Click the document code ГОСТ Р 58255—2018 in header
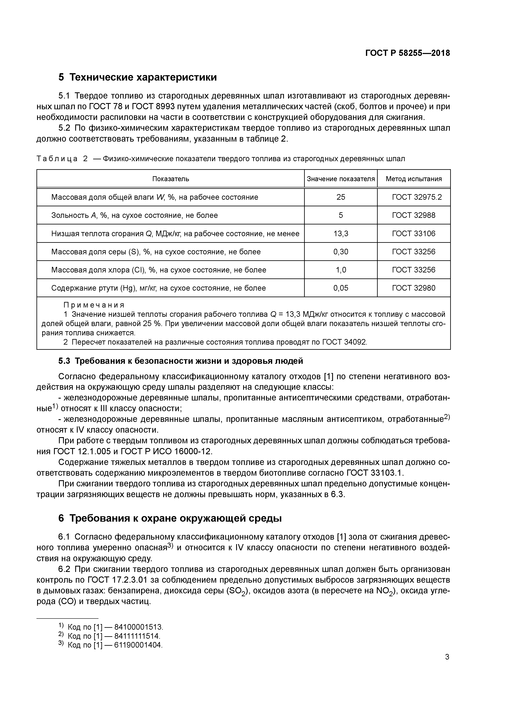407,53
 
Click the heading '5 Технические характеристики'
138,77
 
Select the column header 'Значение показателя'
341,179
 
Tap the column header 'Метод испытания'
414,179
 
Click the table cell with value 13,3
341,233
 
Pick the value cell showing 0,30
341,252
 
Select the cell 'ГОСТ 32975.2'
417,197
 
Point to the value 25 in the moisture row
341,197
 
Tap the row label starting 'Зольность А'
134,215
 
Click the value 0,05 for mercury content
341,288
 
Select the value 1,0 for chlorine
341,270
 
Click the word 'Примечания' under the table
94,305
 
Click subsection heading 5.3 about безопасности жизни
181,361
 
